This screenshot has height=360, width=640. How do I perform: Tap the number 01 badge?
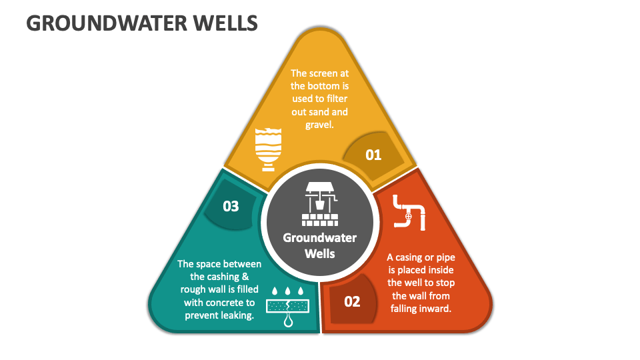(x=373, y=155)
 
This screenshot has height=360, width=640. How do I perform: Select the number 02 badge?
(x=352, y=301)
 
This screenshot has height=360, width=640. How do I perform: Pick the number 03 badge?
(x=231, y=206)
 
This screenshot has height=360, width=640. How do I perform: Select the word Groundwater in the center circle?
(x=319, y=238)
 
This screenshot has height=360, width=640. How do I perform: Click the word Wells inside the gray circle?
(x=319, y=253)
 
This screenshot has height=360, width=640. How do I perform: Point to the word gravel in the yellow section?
(x=319, y=124)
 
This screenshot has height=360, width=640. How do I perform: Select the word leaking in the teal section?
(x=235, y=315)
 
